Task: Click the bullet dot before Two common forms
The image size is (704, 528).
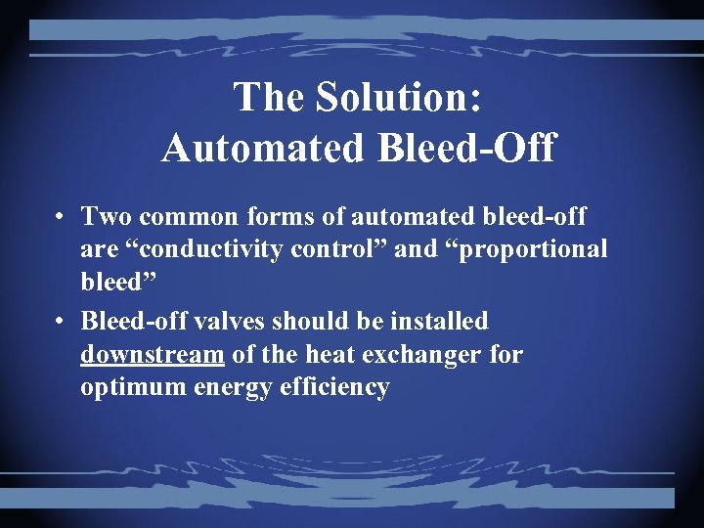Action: pos(61,216)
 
